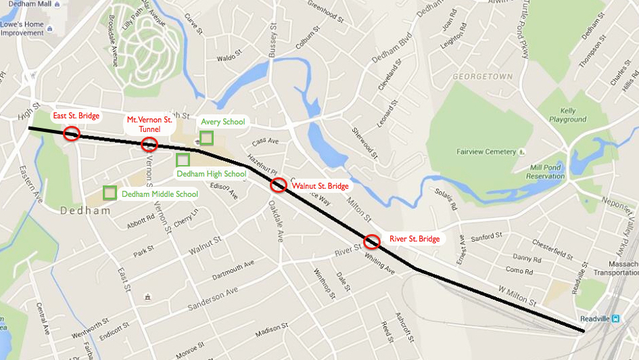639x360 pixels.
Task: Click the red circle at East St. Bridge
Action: tap(72, 133)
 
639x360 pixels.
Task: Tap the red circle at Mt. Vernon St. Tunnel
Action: tap(149, 143)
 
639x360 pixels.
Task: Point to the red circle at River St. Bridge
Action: tap(372, 241)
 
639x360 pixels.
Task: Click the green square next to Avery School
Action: tap(207, 138)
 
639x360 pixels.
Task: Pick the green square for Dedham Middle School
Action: tap(110, 193)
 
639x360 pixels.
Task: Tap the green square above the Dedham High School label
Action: tap(183, 160)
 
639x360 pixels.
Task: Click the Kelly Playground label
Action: tap(567, 115)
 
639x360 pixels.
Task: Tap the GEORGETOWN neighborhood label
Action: tap(483, 77)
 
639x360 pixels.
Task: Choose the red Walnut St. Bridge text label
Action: tap(320, 186)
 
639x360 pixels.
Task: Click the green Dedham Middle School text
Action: tap(160, 194)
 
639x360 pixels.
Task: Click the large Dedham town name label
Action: tap(85, 211)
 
